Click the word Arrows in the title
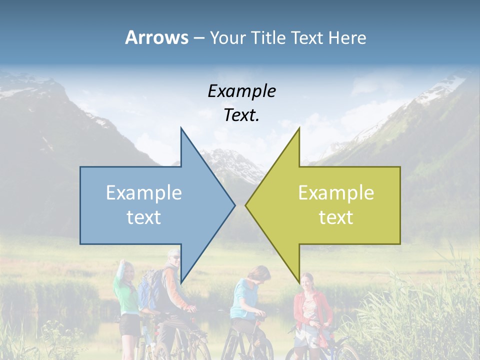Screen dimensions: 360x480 pos(156,37)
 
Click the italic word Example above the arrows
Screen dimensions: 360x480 pos(241,91)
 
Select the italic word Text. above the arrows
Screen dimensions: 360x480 pos(241,115)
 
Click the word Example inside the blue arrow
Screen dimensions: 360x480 pos(144,193)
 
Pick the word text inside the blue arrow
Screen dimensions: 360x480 pos(144,217)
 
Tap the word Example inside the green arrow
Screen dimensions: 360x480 pos(336,193)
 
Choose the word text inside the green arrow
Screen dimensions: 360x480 pos(336,217)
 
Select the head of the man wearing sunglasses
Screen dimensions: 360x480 pos(173,259)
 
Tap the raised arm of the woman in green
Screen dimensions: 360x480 pos(120,272)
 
